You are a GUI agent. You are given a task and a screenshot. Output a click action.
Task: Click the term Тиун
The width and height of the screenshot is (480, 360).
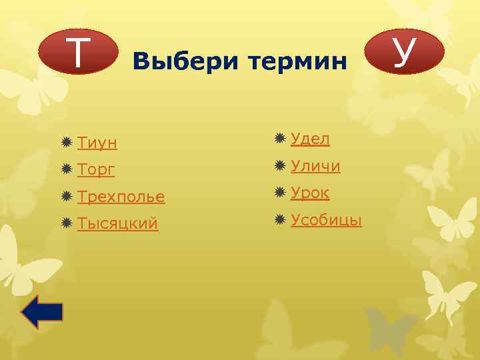coord(97,143)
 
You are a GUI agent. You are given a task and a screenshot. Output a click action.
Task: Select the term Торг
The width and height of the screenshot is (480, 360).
coord(96,170)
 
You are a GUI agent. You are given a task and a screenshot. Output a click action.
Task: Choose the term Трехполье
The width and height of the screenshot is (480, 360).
coord(121,197)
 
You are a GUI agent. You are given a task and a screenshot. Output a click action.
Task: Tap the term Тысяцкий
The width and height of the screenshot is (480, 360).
coord(117,224)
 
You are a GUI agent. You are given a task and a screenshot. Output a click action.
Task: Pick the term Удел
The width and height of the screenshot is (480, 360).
coord(310,139)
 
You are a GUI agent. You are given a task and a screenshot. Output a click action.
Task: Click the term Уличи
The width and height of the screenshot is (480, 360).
coord(315,166)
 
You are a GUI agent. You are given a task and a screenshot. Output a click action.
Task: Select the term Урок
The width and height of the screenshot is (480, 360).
coord(310,193)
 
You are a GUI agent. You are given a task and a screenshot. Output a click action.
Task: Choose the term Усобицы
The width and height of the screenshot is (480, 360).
coord(326,220)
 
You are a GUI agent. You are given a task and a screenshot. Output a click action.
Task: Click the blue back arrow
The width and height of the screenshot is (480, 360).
coord(42,312)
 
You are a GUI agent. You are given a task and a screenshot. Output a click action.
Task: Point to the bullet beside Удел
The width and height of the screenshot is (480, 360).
coord(281,139)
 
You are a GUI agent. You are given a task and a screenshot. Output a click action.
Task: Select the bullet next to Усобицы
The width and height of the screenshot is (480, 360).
coord(281,220)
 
